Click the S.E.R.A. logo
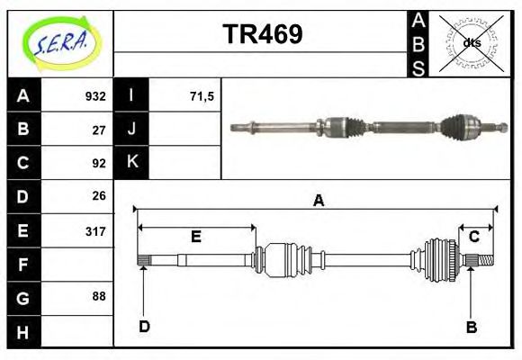pos(59,42)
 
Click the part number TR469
pos(262,34)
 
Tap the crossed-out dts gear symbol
pos(471,42)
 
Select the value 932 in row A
pos(95,95)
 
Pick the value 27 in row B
pos(99,129)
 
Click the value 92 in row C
pos(99,163)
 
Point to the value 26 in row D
pos(99,195)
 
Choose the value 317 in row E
pos(95,230)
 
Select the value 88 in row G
pos(99,296)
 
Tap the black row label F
pos(22,265)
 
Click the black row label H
pos(22,331)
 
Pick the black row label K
pos(131,162)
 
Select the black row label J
pos(131,129)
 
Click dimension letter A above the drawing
pos(318,201)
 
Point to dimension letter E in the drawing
pos(195,237)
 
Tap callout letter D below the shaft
pos(143,327)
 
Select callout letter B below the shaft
pos(471,327)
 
